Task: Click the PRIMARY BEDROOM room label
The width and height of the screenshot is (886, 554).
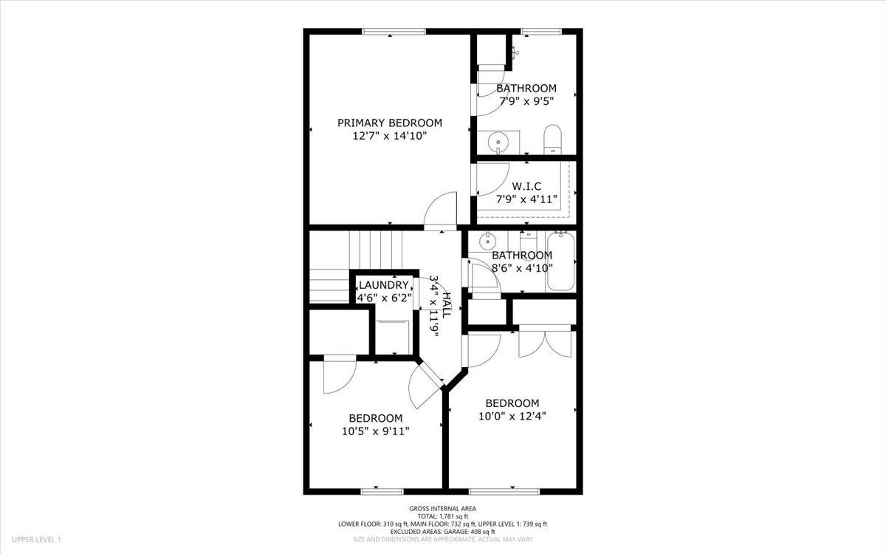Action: tap(390, 123)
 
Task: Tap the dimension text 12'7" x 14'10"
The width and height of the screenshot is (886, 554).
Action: tap(390, 136)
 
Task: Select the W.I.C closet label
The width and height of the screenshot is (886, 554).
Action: tap(526, 186)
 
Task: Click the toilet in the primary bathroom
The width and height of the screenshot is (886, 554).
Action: tap(553, 140)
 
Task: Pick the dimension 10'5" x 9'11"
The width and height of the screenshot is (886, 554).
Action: tap(376, 431)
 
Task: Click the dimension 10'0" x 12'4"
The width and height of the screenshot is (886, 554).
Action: tap(512, 416)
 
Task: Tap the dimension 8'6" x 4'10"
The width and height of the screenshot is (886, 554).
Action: tap(522, 268)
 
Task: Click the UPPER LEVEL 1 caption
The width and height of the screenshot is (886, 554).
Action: tap(37, 541)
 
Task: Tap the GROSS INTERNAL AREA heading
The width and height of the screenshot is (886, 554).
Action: tap(443, 508)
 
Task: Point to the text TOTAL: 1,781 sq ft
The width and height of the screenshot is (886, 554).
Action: tap(443, 516)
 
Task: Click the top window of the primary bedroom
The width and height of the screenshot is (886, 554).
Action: tap(394, 31)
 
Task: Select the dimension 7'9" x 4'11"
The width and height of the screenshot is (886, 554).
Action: tap(526, 199)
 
